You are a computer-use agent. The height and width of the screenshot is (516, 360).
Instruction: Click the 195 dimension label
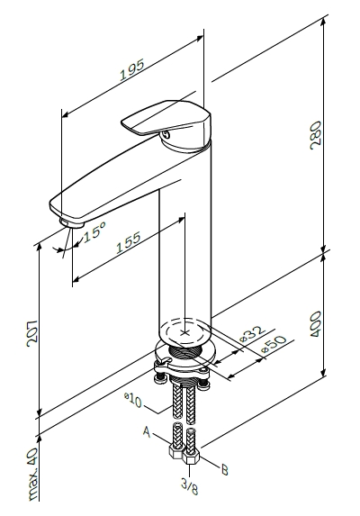pos(131,69)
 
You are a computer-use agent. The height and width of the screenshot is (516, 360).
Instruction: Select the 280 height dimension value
pos(316,135)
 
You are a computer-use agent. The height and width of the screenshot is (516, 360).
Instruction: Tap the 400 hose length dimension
pos(316,324)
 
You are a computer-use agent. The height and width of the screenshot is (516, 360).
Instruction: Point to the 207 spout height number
pos(31,333)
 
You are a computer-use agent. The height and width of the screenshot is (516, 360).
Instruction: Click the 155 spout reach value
pos(129,242)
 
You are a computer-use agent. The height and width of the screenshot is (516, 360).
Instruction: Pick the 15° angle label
pos(94,231)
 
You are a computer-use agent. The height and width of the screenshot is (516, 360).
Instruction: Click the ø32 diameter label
pos(252,334)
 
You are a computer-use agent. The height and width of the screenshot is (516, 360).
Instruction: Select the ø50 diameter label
pos(274,345)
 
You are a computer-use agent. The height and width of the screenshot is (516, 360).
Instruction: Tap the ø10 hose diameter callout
pos(133,400)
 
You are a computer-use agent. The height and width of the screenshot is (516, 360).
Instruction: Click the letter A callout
pos(147,431)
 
